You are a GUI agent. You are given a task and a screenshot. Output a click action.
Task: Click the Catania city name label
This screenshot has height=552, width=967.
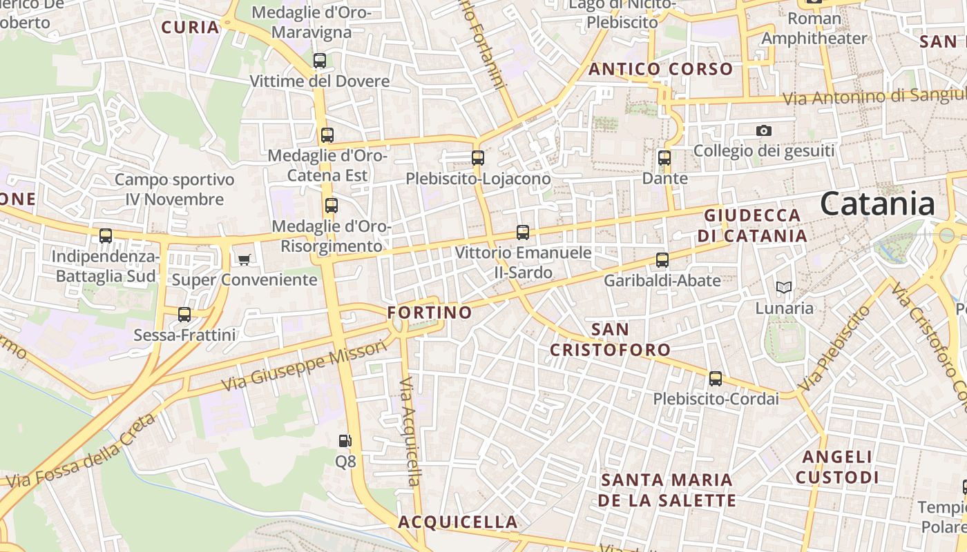[x=877, y=204]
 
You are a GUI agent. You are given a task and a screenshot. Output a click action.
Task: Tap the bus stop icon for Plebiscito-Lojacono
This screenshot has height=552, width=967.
[x=477, y=157]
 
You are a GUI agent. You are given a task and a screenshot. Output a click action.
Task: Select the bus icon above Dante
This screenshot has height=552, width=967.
[x=664, y=157]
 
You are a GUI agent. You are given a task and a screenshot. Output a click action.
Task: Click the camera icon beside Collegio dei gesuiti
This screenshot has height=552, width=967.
[x=763, y=130]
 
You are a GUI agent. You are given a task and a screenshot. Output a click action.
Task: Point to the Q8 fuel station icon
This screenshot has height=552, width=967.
[x=345, y=440]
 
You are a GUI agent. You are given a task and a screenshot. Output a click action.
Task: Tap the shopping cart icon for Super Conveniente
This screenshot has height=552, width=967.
[x=244, y=259]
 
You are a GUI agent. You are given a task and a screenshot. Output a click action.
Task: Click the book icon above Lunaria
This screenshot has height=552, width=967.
[x=783, y=287]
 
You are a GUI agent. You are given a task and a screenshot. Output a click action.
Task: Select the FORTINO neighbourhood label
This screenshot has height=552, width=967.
[x=430, y=313]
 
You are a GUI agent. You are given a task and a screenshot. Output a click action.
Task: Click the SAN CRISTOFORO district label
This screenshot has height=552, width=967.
[x=610, y=339]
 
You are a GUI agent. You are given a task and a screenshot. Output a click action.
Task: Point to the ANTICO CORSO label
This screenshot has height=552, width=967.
[x=660, y=69]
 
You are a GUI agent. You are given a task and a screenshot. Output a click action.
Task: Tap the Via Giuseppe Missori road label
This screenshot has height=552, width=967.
[x=305, y=366]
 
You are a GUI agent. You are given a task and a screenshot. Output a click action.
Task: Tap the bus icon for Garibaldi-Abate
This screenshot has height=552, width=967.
[x=662, y=260]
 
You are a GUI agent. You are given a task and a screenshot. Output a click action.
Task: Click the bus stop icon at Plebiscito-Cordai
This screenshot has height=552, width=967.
[x=716, y=378]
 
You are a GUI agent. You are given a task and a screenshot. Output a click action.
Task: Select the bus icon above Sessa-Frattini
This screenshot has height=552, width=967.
[x=184, y=315]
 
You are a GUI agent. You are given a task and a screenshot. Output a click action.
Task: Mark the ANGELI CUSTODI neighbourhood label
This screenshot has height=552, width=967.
[x=837, y=467]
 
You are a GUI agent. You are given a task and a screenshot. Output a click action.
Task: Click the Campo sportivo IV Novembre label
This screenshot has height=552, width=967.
[x=174, y=190]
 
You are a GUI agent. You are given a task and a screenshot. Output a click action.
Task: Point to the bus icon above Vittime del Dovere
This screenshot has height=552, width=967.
[x=319, y=61]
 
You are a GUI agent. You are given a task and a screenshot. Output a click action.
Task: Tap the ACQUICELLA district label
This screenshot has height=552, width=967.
[x=457, y=522]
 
